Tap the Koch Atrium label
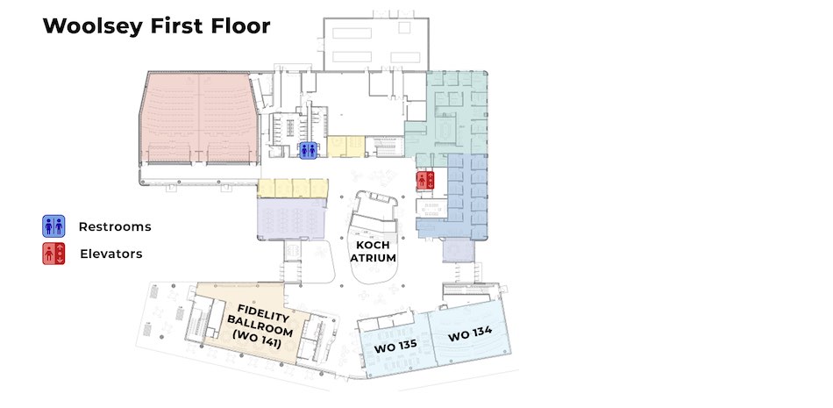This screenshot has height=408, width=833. point(374,251)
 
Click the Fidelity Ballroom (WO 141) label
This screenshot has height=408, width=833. point(259,325)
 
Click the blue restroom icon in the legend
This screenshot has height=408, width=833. point(54,225)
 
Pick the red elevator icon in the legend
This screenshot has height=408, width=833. point(54,254)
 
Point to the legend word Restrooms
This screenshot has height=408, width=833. point(115,226)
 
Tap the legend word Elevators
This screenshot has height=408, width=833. point(111,254)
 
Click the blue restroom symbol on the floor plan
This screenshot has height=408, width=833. point(308,150)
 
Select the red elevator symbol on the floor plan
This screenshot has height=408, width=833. point(426,180)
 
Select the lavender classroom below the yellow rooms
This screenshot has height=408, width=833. point(291,218)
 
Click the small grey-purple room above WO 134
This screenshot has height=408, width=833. point(457,250)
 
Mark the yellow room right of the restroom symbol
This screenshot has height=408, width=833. point(344,146)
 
